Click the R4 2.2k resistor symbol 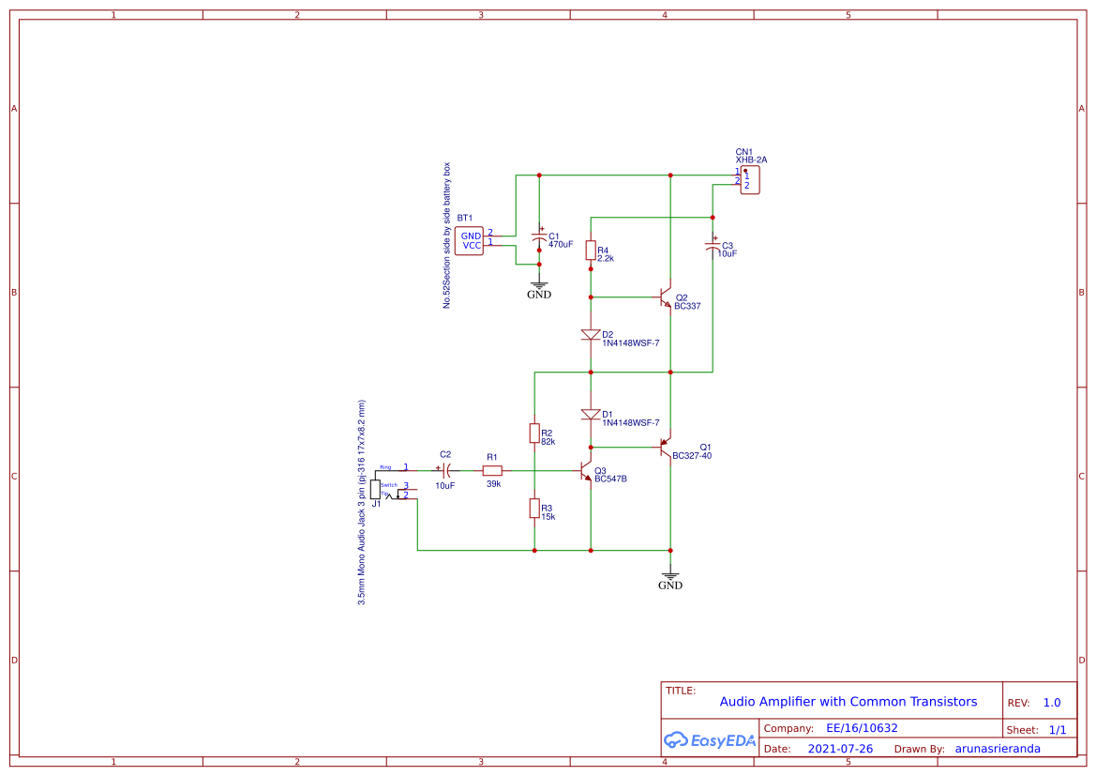click(591, 250)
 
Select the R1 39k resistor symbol click(492, 470)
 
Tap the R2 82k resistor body click(533, 433)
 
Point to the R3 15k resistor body click(533, 508)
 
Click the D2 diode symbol click(591, 335)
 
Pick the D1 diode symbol click(591, 415)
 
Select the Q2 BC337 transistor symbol click(666, 297)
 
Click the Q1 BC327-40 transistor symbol click(666, 447)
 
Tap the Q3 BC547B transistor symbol click(586, 471)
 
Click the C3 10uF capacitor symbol click(713, 247)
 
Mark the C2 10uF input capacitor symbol click(446, 470)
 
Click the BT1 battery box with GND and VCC click(470, 240)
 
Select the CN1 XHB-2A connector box click(749, 180)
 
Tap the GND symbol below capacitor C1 click(539, 287)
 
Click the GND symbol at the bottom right click(670, 578)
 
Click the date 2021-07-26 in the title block click(840, 749)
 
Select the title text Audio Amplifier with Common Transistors click(848, 701)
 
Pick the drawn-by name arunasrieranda click(998, 749)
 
